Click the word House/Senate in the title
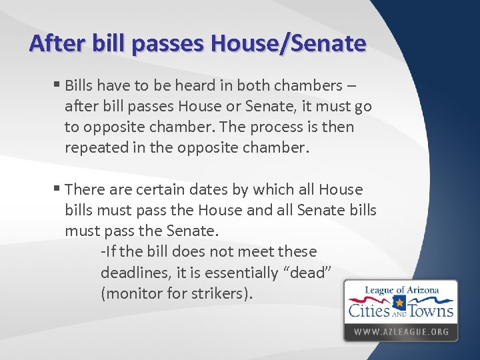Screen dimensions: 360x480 click(x=288, y=43)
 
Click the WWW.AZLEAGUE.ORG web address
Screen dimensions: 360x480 click(x=401, y=331)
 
